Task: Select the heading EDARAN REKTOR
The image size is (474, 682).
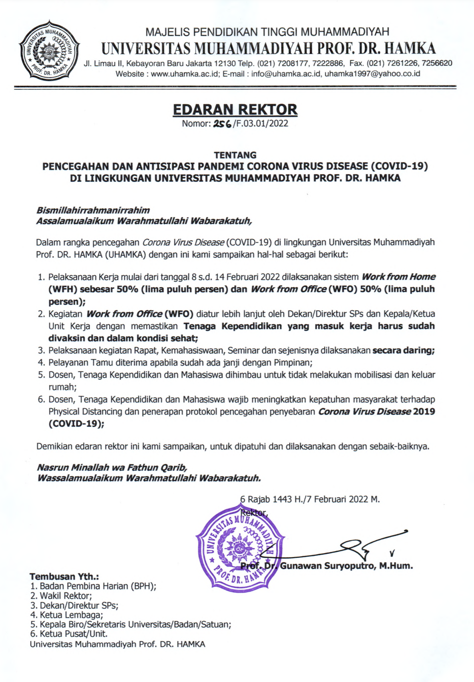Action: pyautogui.click(x=235, y=109)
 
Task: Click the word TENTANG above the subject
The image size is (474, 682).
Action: pyautogui.click(x=235, y=155)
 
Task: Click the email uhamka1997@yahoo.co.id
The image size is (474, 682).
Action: pyautogui.click(x=372, y=74)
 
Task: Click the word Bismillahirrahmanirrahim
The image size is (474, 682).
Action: pyautogui.click(x=93, y=210)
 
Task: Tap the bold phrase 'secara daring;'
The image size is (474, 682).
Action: pyautogui.click(x=404, y=350)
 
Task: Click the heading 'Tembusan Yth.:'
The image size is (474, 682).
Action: pyautogui.click(x=64, y=577)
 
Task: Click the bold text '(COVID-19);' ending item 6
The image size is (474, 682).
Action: pyautogui.click(x=76, y=423)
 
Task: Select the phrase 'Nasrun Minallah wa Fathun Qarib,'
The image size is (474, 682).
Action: pyautogui.click(x=112, y=467)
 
